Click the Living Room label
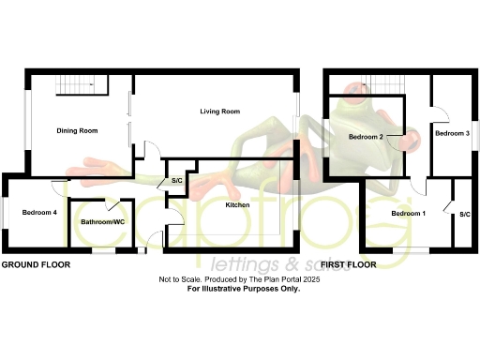[220, 112]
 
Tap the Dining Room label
[78, 130]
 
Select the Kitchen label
[237, 204]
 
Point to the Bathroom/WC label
[102, 222]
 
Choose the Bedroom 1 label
[408, 214]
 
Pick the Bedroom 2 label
[367, 137]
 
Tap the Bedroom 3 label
[452, 133]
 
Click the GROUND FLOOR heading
[36, 265]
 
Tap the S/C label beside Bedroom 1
[464, 215]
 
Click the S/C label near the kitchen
[175, 181]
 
